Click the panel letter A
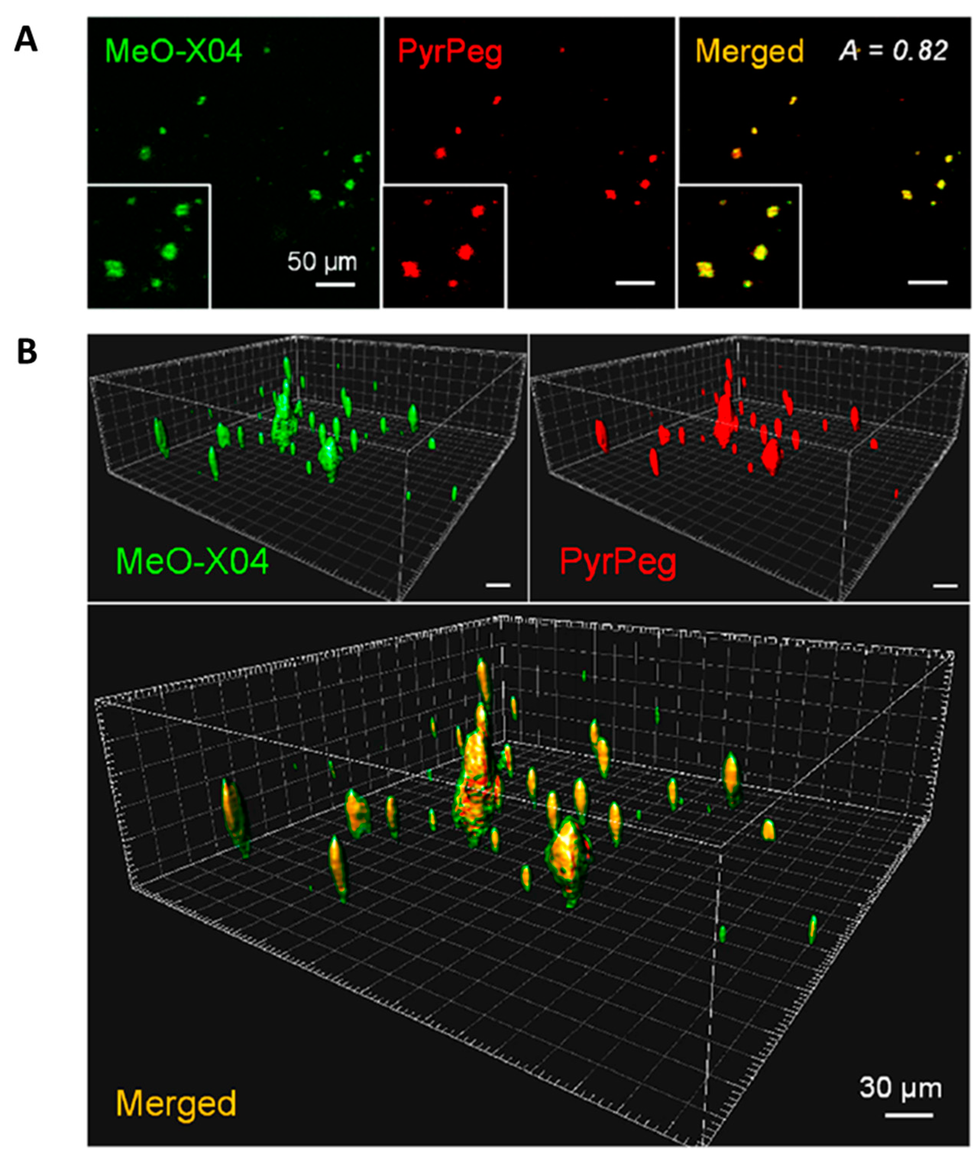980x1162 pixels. coord(26,40)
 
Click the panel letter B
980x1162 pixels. coord(27,352)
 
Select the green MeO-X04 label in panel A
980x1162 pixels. coord(173,51)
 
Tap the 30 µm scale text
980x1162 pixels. coord(901,1088)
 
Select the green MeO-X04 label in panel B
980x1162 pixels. coord(192,561)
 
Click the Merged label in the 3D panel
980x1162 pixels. coord(176,1103)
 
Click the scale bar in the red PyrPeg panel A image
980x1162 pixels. coord(635,283)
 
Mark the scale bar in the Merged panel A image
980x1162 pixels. coord(927,282)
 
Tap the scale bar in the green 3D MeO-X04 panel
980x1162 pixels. coord(498,584)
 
